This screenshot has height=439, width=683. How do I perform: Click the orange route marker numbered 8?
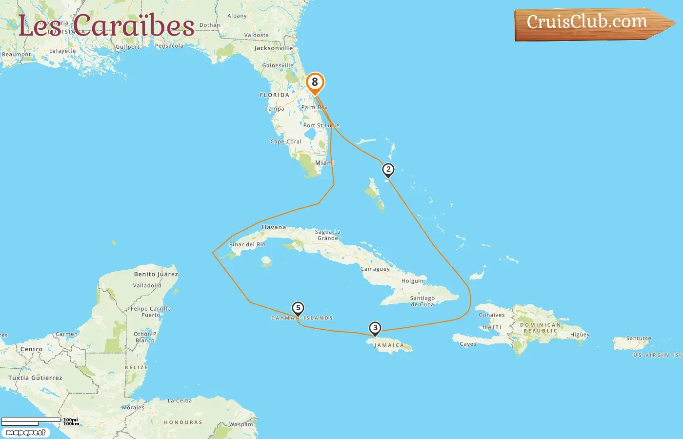tap(315, 82)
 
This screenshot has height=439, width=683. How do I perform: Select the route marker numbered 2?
tap(388, 170)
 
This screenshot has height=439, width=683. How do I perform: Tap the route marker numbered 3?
tap(375, 328)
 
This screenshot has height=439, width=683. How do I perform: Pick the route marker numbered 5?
tap(298, 308)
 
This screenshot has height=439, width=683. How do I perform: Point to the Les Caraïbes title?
tap(106, 25)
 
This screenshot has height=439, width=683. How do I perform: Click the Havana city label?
tap(274, 227)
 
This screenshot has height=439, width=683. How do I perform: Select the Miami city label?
tap(325, 163)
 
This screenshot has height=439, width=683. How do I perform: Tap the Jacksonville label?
tap(273, 48)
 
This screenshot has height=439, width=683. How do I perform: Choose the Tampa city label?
tap(275, 109)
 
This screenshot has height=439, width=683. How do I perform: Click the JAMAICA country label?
tap(389, 345)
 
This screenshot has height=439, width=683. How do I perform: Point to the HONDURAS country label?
tap(183, 422)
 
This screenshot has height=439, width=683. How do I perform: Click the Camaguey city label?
tap(375, 269)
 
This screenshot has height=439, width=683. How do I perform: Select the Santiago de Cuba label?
tap(422, 301)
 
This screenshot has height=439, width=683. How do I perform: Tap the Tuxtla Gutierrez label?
tap(35, 378)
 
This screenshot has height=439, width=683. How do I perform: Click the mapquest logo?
tap(26, 433)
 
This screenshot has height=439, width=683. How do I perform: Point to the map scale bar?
tap(31, 421)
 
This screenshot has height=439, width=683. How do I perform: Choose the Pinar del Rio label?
tap(247, 244)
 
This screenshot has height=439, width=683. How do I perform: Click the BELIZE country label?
tap(136, 368)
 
